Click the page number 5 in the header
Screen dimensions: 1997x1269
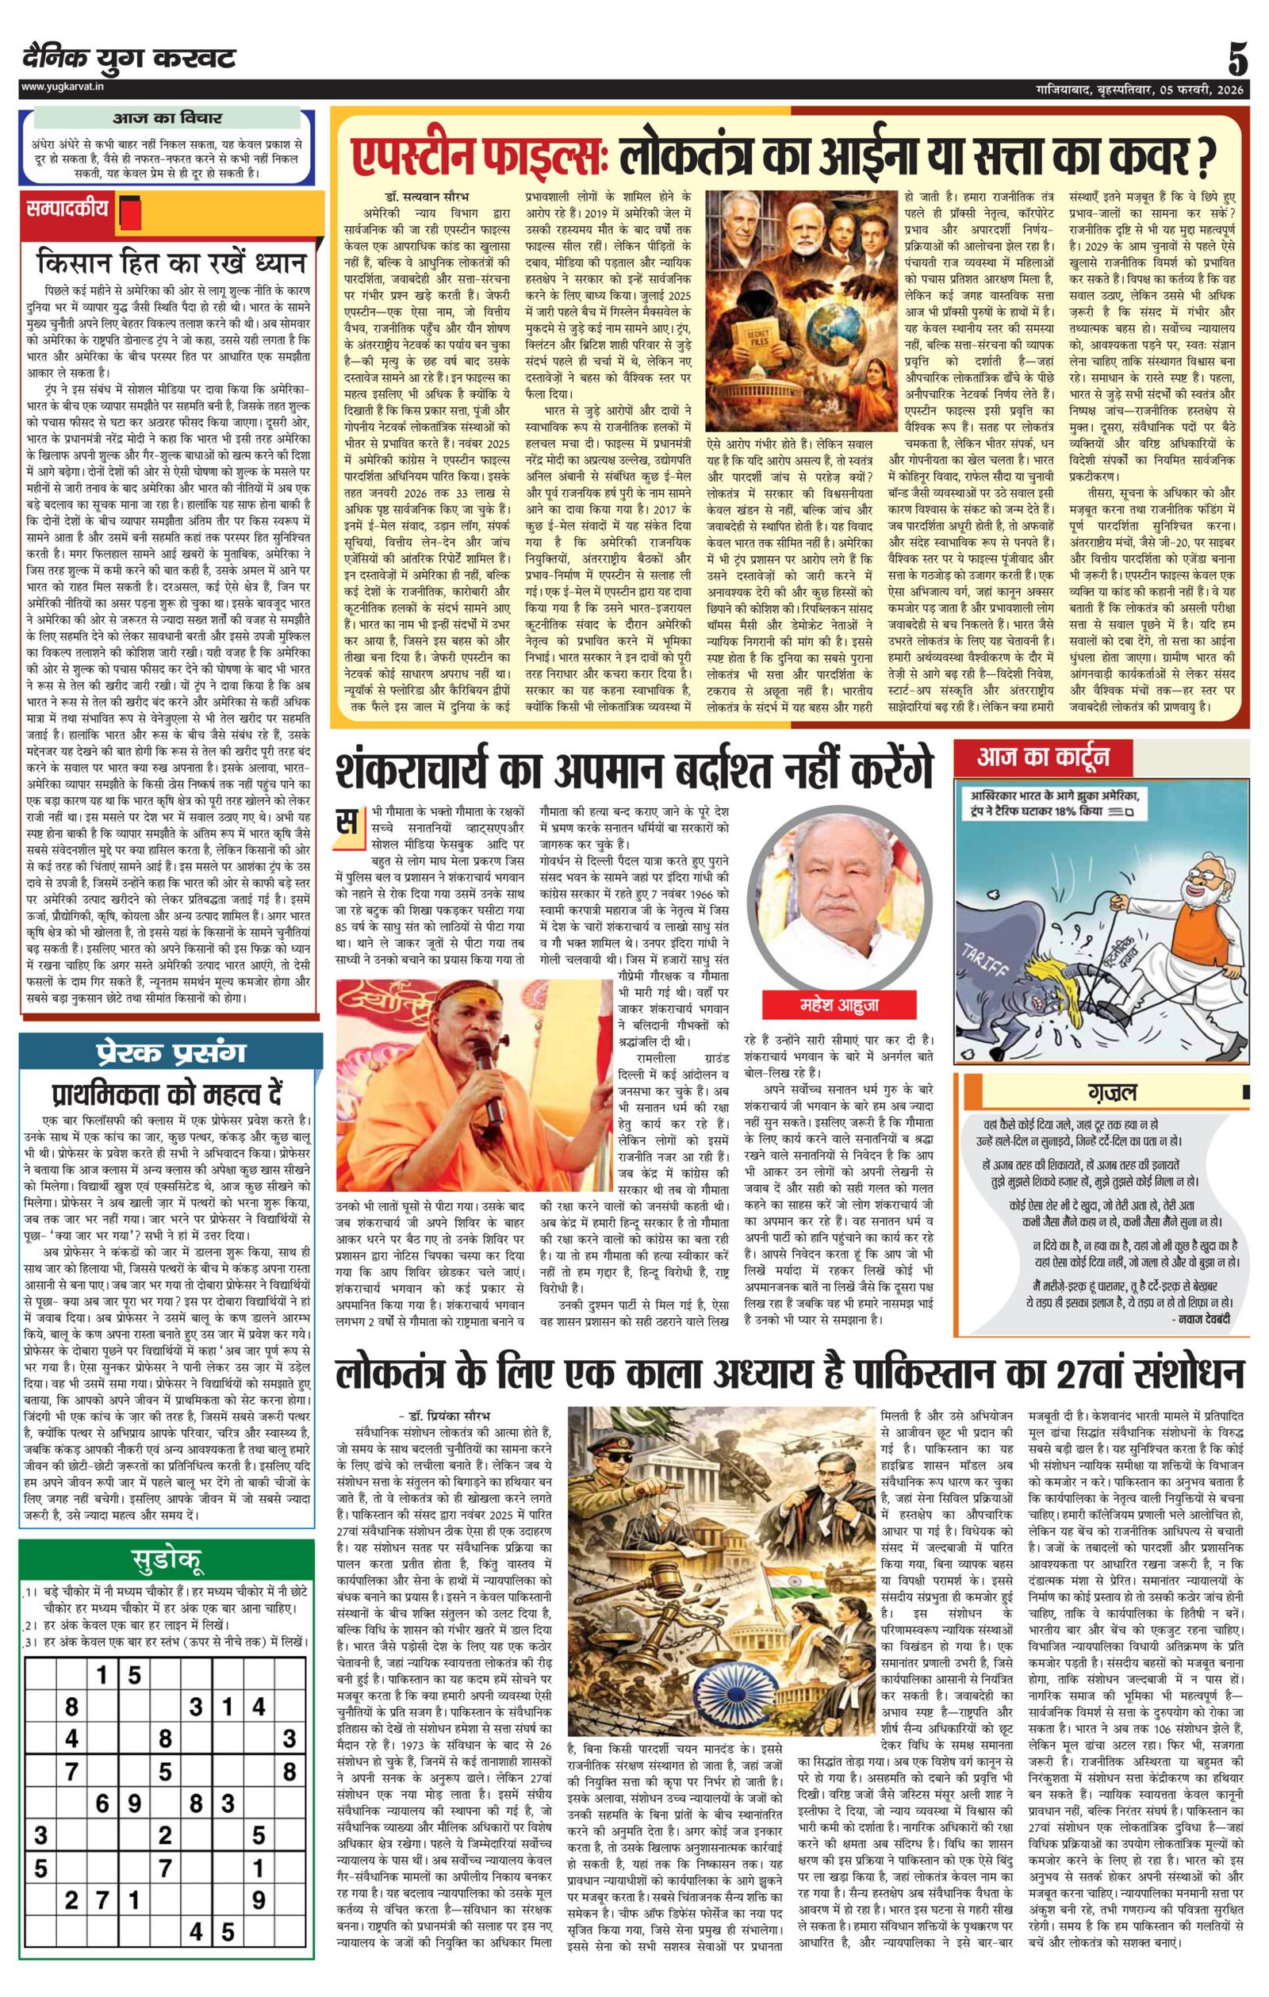tap(1237, 60)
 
